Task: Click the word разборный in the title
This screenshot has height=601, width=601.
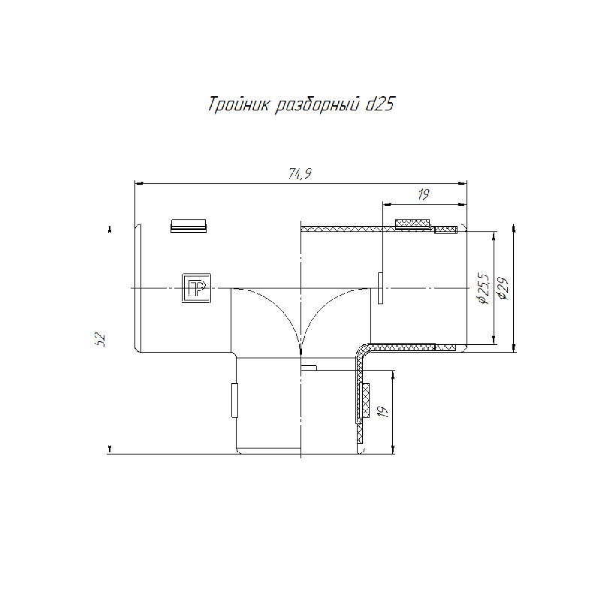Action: click(317, 105)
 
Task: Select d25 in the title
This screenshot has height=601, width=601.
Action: click(380, 104)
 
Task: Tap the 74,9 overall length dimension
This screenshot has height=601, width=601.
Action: click(300, 174)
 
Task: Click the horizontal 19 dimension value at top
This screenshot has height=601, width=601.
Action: click(424, 195)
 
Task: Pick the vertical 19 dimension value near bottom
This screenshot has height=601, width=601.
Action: click(382, 411)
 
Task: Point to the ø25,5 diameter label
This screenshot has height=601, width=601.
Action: click(483, 288)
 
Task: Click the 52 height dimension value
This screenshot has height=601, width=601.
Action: click(100, 340)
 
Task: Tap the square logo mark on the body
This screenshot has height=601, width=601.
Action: click(196, 288)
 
